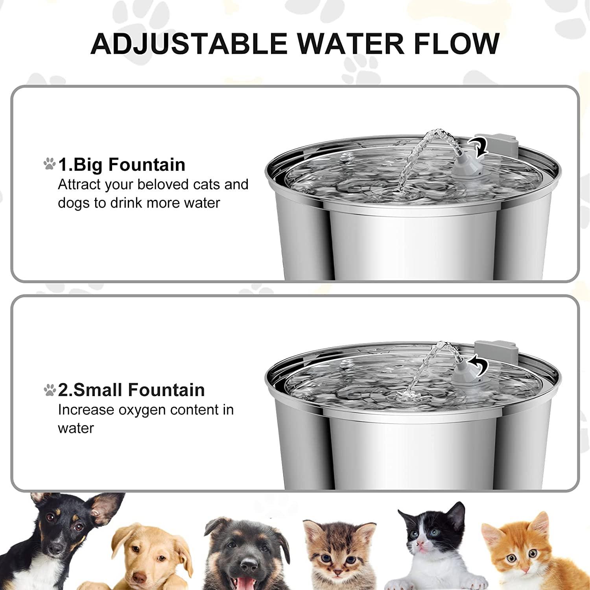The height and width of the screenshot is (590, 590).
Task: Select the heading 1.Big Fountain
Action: (x=122, y=164)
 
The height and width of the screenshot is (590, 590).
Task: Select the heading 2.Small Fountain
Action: (x=131, y=390)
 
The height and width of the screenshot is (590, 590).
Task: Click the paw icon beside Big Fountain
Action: (x=50, y=164)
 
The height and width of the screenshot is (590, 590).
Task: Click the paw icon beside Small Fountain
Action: (x=50, y=390)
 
